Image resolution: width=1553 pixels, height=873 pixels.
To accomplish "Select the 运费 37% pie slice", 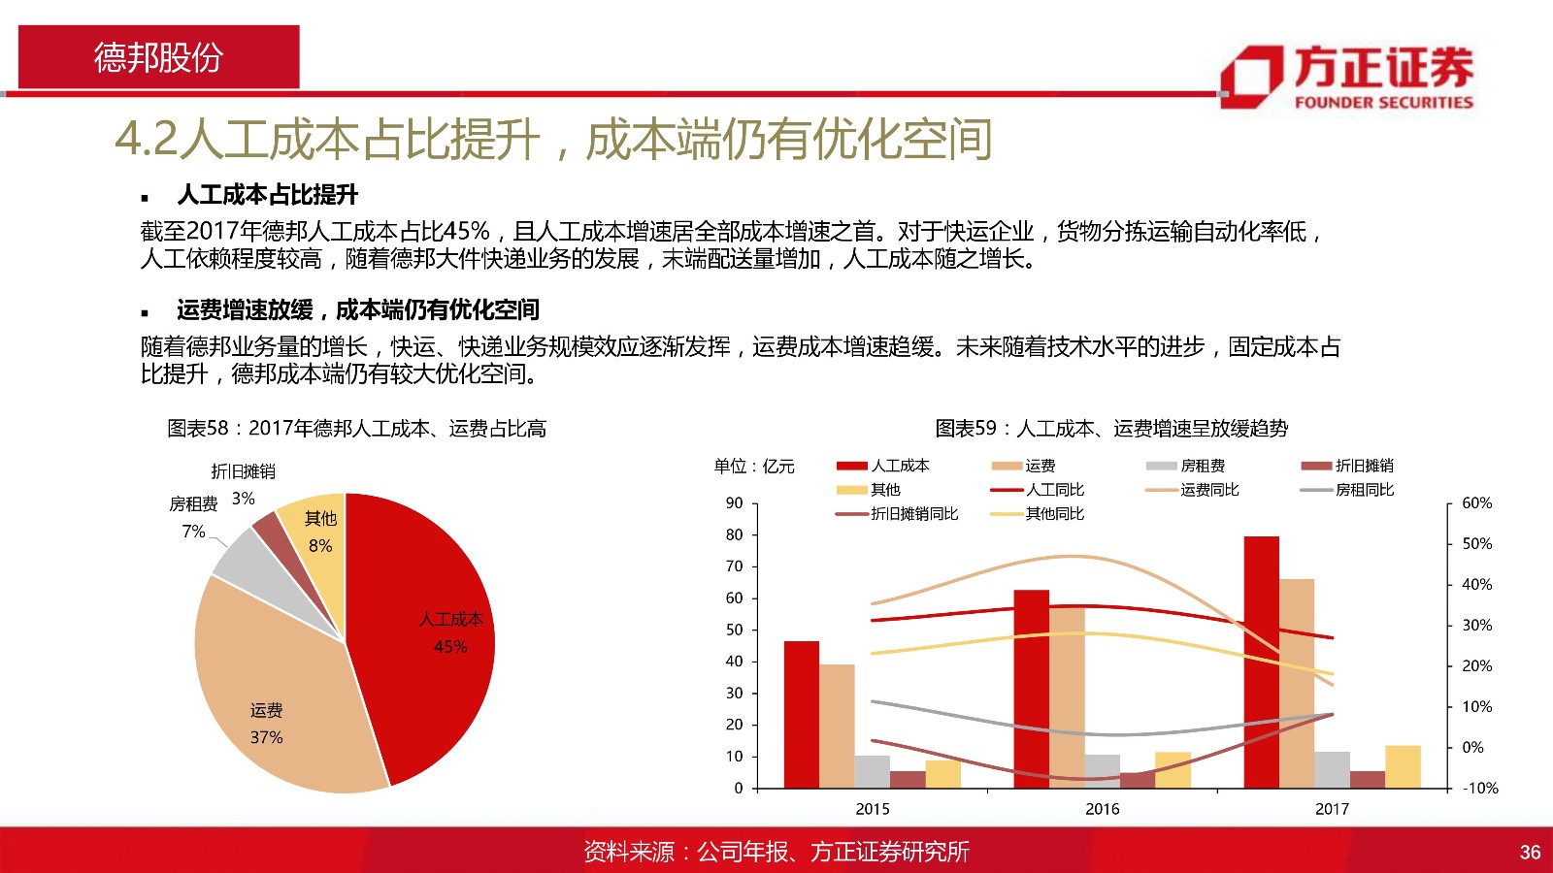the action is (278, 699).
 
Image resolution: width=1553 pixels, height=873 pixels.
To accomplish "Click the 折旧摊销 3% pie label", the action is (244, 484).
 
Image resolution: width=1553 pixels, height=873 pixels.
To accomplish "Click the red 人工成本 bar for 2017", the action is (1261, 663).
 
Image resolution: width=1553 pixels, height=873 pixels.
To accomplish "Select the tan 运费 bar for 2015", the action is (837, 727).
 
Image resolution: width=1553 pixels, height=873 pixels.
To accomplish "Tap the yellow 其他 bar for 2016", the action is (1173, 770).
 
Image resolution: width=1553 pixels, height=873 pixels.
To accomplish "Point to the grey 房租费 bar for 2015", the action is (873, 772).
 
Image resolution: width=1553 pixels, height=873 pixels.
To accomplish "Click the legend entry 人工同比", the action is (1038, 490).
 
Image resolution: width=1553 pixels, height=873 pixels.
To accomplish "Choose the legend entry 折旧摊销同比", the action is (897, 514).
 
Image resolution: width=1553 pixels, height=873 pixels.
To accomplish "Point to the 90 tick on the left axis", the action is (734, 503).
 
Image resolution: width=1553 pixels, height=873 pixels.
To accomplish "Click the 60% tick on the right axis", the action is (1476, 503).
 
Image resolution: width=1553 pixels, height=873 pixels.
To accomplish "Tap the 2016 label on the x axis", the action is (1103, 809).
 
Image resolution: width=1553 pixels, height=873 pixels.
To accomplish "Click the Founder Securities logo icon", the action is (1251, 77).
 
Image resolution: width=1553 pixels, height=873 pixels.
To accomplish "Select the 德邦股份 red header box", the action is (159, 57).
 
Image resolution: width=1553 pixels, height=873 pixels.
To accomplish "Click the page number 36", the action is (1530, 853).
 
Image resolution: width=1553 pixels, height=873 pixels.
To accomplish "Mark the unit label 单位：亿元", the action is (754, 467).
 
